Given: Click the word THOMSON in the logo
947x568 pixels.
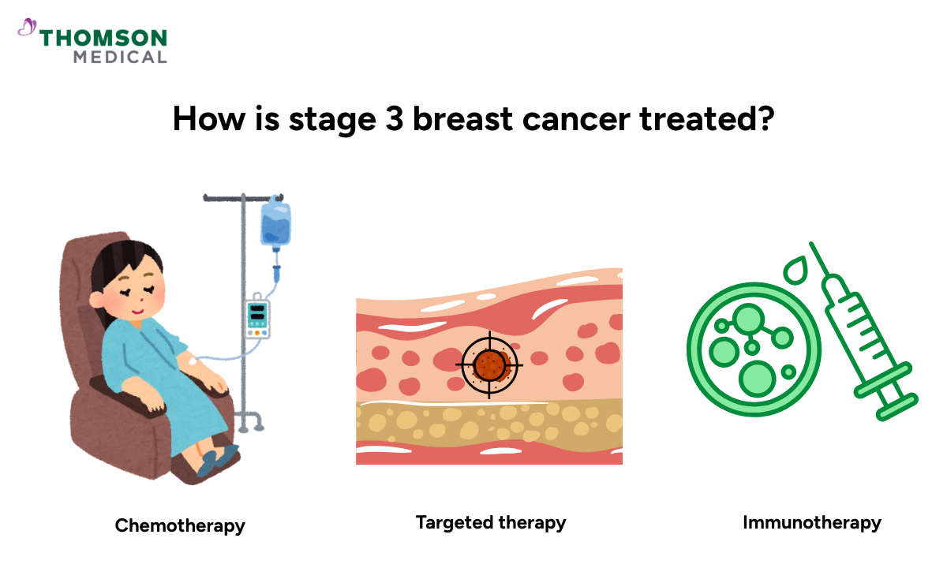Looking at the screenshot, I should click(103, 38).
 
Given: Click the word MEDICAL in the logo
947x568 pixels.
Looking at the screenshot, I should click(120, 57).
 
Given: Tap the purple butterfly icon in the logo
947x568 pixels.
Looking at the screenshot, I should click(28, 28).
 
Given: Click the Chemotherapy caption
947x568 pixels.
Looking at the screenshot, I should click(180, 525).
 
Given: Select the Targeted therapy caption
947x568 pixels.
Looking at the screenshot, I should click(491, 522).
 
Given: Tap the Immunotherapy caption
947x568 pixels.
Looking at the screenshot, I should click(812, 522).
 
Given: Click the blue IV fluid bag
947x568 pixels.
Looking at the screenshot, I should click(276, 224).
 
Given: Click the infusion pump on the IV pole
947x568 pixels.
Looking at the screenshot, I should click(257, 317).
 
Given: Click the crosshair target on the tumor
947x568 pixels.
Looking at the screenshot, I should click(489, 365).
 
